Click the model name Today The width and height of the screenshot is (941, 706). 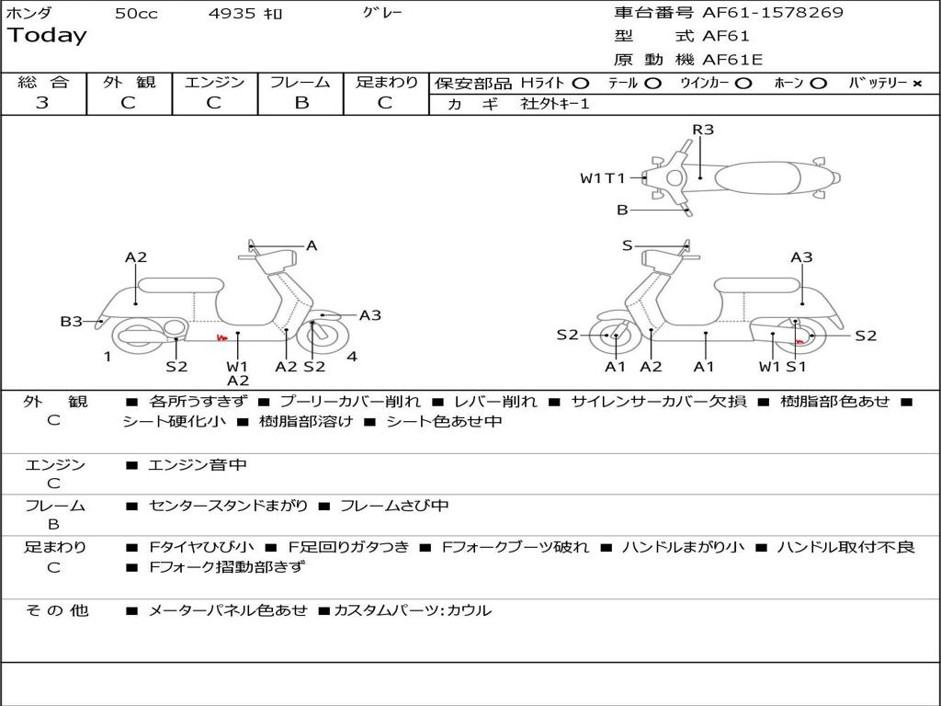(47, 36)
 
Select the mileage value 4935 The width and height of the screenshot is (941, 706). (232, 14)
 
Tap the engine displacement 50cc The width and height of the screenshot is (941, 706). (136, 14)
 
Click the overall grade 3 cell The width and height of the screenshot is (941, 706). (42, 103)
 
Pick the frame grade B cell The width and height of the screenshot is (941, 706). (300, 103)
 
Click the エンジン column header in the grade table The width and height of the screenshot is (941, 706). (214, 82)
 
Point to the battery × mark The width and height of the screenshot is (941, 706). (916, 83)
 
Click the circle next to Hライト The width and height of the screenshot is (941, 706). (580, 83)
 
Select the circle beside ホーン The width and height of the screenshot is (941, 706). (818, 83)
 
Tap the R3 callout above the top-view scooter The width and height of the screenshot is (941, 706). (703, 130)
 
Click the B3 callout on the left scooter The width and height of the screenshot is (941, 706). (71, 321)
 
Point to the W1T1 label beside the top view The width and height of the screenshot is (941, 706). (602, 178)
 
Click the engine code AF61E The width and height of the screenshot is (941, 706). (732, 60)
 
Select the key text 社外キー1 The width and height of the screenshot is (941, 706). (555, 104)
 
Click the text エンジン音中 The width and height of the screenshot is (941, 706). (198, 465)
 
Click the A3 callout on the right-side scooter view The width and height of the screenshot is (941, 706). (801, 257)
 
